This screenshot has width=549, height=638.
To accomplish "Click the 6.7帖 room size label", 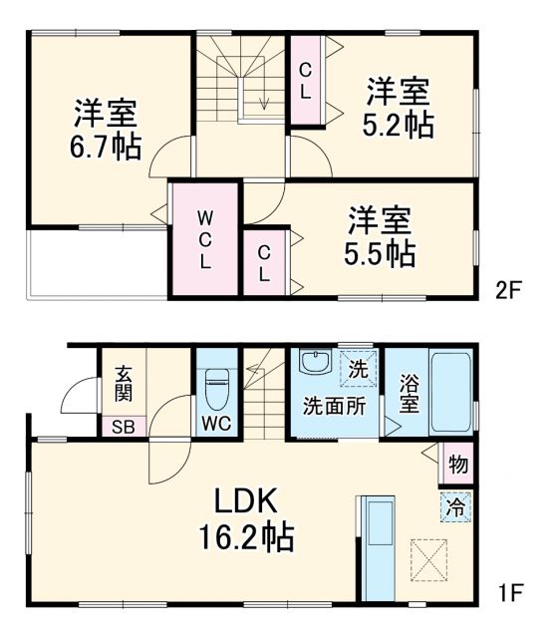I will pos(106,147).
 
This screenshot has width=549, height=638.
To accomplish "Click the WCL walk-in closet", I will pos(203,239).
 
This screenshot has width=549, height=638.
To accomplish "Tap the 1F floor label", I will pos(509,596).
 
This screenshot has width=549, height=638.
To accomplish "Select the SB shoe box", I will pos(123,426).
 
